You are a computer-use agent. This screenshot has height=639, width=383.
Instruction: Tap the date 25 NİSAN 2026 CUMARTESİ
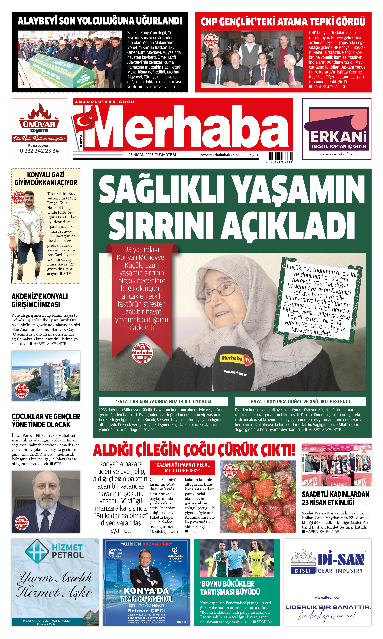coord(152,155)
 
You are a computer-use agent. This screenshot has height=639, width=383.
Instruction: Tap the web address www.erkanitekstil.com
coord(337,154)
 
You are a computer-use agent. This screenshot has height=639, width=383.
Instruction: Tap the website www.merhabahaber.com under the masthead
coord(221,155)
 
